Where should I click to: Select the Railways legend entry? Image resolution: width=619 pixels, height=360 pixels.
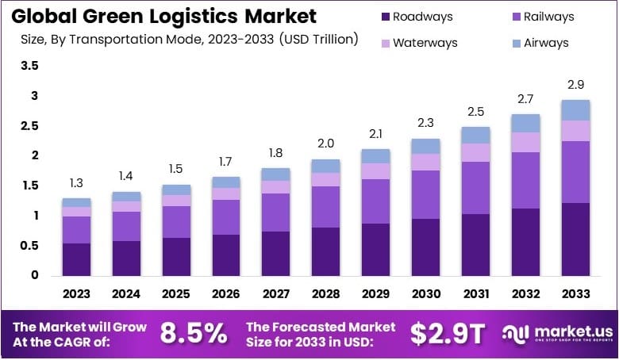(x=544, y=17)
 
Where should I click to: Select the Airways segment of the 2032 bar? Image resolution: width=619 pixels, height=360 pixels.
(x=526, y=123)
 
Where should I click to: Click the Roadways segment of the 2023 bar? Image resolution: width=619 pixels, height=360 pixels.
(x=77, y=259)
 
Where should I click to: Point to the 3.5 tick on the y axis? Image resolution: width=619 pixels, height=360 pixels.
(x=30, y=67)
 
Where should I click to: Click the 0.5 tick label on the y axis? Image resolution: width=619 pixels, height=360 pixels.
(x=30, y=246)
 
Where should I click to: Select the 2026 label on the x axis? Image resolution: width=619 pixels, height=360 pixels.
(x=226, y=294)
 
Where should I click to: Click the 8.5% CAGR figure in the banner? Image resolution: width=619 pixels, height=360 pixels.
(x=194, y=334)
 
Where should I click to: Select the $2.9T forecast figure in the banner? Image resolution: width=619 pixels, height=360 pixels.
(x=447, y=334)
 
